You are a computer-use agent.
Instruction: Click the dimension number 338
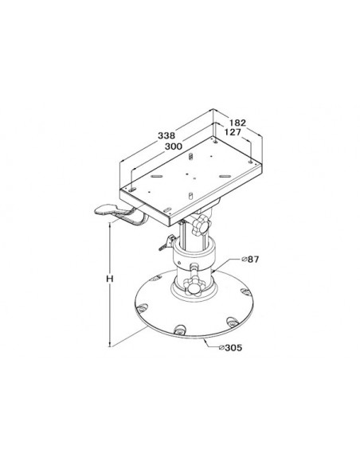[166, 135]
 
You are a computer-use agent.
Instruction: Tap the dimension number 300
[174, 147]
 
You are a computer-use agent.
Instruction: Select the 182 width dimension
[238, 123]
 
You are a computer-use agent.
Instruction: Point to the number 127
[233, 132]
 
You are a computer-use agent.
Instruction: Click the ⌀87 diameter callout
[250, 260]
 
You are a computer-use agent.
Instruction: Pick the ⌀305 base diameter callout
[230, 347]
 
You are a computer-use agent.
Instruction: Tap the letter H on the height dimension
[110, 279]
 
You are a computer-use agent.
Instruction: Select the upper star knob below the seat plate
[201, 225]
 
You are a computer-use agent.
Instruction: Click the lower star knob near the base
[193, 286]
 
